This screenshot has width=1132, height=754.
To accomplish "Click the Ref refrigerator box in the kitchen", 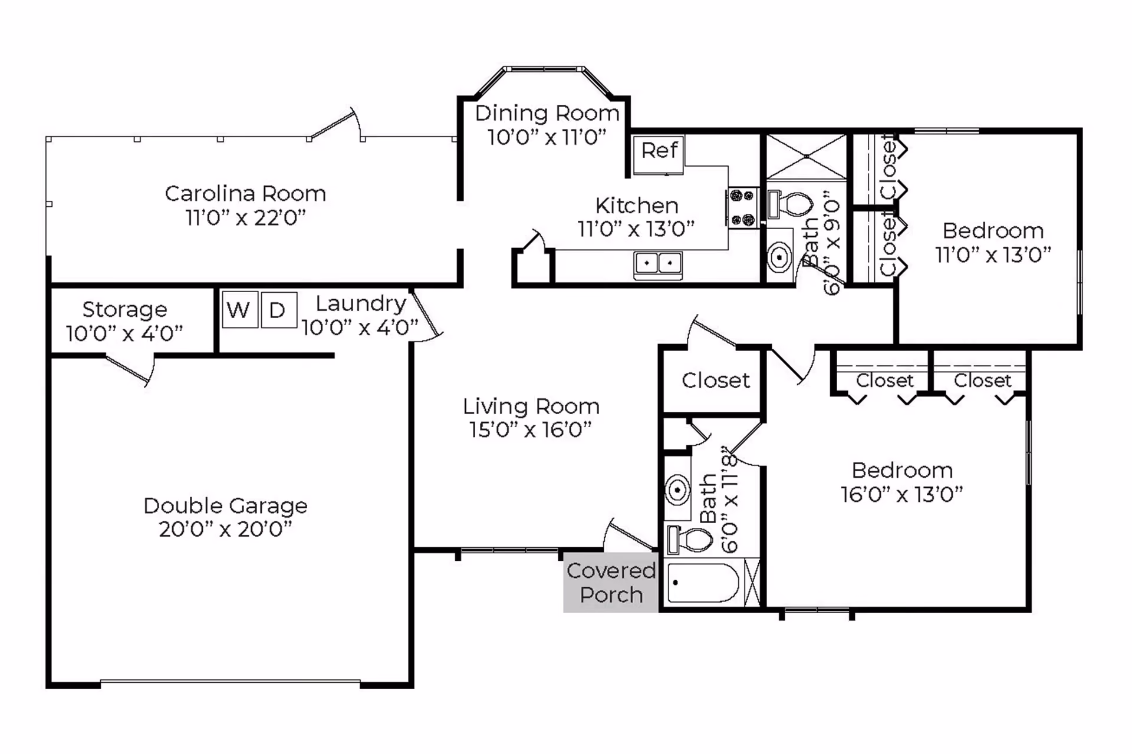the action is (x=658, y=155).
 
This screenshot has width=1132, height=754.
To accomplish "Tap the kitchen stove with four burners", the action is (x=742, y=207).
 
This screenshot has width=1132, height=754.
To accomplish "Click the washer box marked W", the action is (x=240, y=309).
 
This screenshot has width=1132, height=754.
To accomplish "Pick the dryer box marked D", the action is (x=278, y=309).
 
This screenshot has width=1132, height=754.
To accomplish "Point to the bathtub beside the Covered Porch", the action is (x=703, y=582).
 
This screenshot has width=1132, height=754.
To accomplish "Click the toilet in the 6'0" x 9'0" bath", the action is (x=791, y=204).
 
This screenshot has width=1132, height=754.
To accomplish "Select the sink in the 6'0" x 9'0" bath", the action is (x=779, y=257).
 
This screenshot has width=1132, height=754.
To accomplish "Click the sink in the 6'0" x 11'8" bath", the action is (x=678, y=490).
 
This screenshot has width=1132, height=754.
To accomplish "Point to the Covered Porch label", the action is (x=611, y=582).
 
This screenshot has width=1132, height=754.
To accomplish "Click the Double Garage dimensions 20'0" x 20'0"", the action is (x=225, y=529).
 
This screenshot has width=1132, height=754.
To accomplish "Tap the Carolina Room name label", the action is (x=245, y=193).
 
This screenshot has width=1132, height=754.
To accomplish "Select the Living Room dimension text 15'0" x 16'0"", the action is (x=531, y=429).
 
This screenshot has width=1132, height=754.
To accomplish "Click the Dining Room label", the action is (x=547, y=113).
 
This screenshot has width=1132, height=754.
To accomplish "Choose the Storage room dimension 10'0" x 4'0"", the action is (x=124, y=333).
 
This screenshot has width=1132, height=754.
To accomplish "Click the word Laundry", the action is (x=361, y=304).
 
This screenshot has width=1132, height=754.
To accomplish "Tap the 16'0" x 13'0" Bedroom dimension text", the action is (x=902, y=494).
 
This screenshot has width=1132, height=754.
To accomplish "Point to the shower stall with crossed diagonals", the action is (x=806, y=157).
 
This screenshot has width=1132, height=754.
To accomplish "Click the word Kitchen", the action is (x=637, y=206).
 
